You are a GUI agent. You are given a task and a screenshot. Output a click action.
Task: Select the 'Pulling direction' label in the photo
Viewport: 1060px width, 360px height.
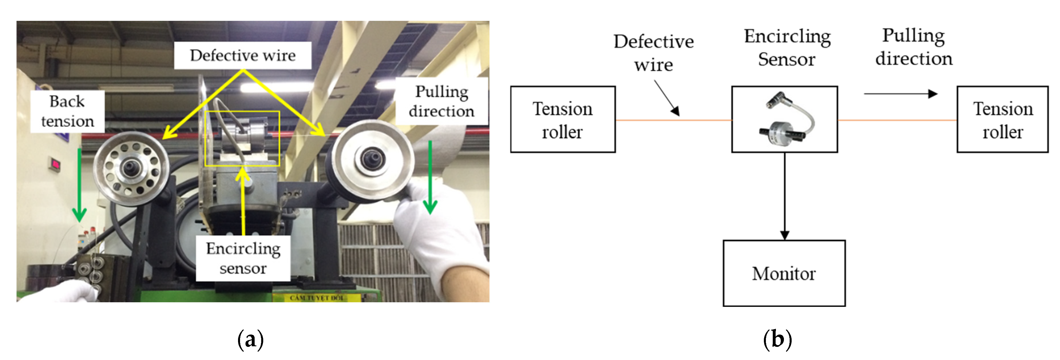point(441,101)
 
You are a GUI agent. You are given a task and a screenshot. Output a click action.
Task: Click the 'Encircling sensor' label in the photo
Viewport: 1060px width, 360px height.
point(243,258)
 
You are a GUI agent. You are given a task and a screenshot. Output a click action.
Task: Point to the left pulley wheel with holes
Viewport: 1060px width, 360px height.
point(131,168)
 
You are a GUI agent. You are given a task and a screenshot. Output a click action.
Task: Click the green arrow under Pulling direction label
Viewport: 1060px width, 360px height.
point(430,177)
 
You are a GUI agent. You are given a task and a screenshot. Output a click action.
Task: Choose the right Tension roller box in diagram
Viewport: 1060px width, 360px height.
point(1002,119)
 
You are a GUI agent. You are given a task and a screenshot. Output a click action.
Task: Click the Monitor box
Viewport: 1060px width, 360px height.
point(784,273)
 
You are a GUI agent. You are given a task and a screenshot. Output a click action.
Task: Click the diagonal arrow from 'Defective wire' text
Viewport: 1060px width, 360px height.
point(667,98)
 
